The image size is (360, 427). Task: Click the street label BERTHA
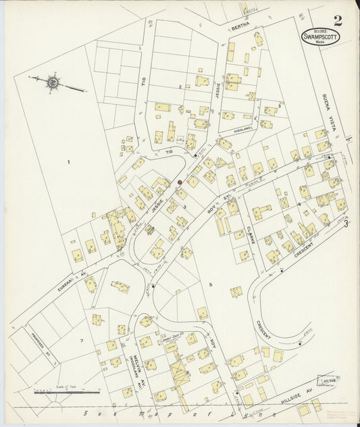[x=240, y=25]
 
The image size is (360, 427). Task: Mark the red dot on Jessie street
[x=180, y=182]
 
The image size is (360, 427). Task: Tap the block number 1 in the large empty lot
[x=69, y=162]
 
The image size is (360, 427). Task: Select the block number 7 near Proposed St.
[x=82, y=341]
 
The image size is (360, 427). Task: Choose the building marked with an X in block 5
[x=236, y=292]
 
